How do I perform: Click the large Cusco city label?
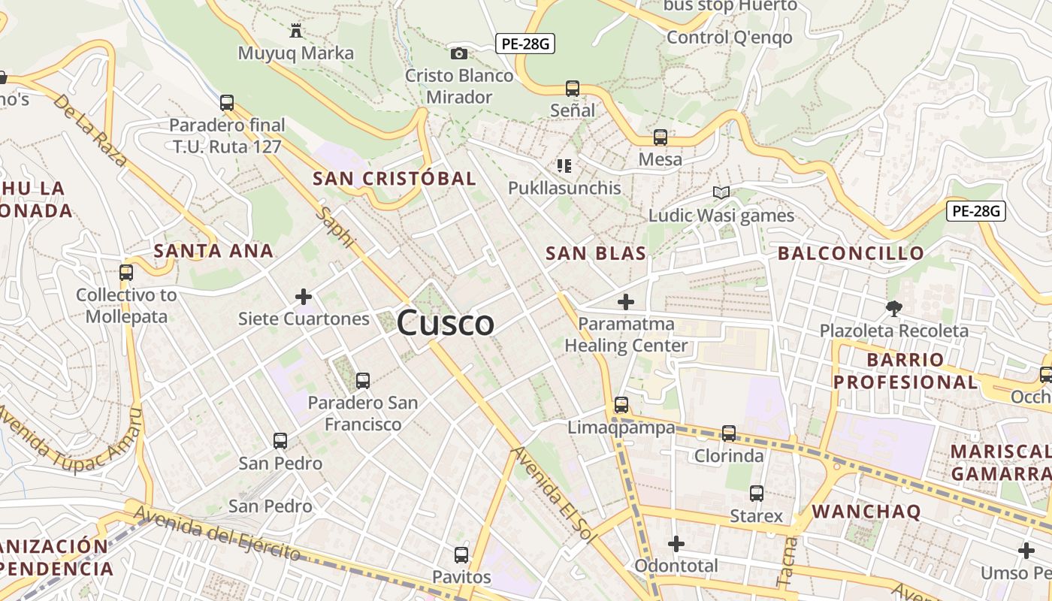pyautogui.click(x=445, y=323)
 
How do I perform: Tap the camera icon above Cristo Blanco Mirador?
pyautogui.click(x=458, y=53)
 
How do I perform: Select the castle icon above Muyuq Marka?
pyautogui.click(x=295, y=31)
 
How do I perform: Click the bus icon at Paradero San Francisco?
pyautogui.click(x=363, y=380)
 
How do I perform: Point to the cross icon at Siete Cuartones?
pyautogui.click(x=304, y=297)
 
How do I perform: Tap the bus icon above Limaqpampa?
pyautogui.click(x=621, y=405)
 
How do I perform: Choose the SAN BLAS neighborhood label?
pyautogui.click(x=596, y=253)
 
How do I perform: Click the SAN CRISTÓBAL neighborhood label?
pyautogui.click(x=394, y=178)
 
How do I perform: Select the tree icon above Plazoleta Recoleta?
pyautogui.click(x=893, y=307)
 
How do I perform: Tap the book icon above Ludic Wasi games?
pyautogui.click(x=721, y=193)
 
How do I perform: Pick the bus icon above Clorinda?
pyautogui.click(x=728, y=433)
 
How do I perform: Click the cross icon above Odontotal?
pyautogui.click(x=676, y=543)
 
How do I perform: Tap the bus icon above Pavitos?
pyautogui.click(x=461, y=555)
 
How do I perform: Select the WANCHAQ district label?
pyautogui.click(x=866, y=512)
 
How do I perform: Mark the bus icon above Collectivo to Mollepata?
pyautogui.click(x=126, y=272)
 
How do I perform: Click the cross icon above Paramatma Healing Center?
pyautogui.click(x=625, y=302)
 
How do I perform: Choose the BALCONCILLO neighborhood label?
pyautogui.click(x=851, y=253)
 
